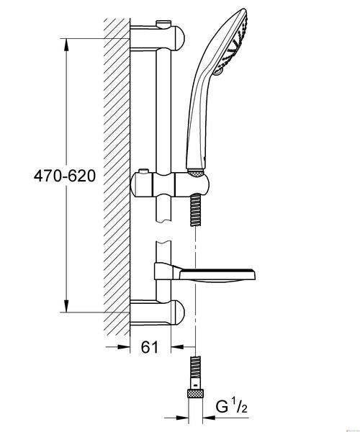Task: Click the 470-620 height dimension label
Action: [65, 176]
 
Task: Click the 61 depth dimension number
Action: [150, 347]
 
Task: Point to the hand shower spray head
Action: [230, 41]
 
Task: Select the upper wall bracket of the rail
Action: [157, 38]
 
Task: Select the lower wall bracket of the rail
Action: [157, 312]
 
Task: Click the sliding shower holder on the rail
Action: [169, 184]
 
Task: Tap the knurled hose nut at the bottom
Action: [196, 393]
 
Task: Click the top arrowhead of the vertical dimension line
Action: [66, 45]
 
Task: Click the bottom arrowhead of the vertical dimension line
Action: [66, 306]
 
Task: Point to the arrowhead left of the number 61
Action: [123, 347]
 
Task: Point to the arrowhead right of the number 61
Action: [178, 346]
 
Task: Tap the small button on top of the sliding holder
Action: [143, 171]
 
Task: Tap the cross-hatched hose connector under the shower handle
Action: [196, 172]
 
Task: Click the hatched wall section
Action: [117, 177]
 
